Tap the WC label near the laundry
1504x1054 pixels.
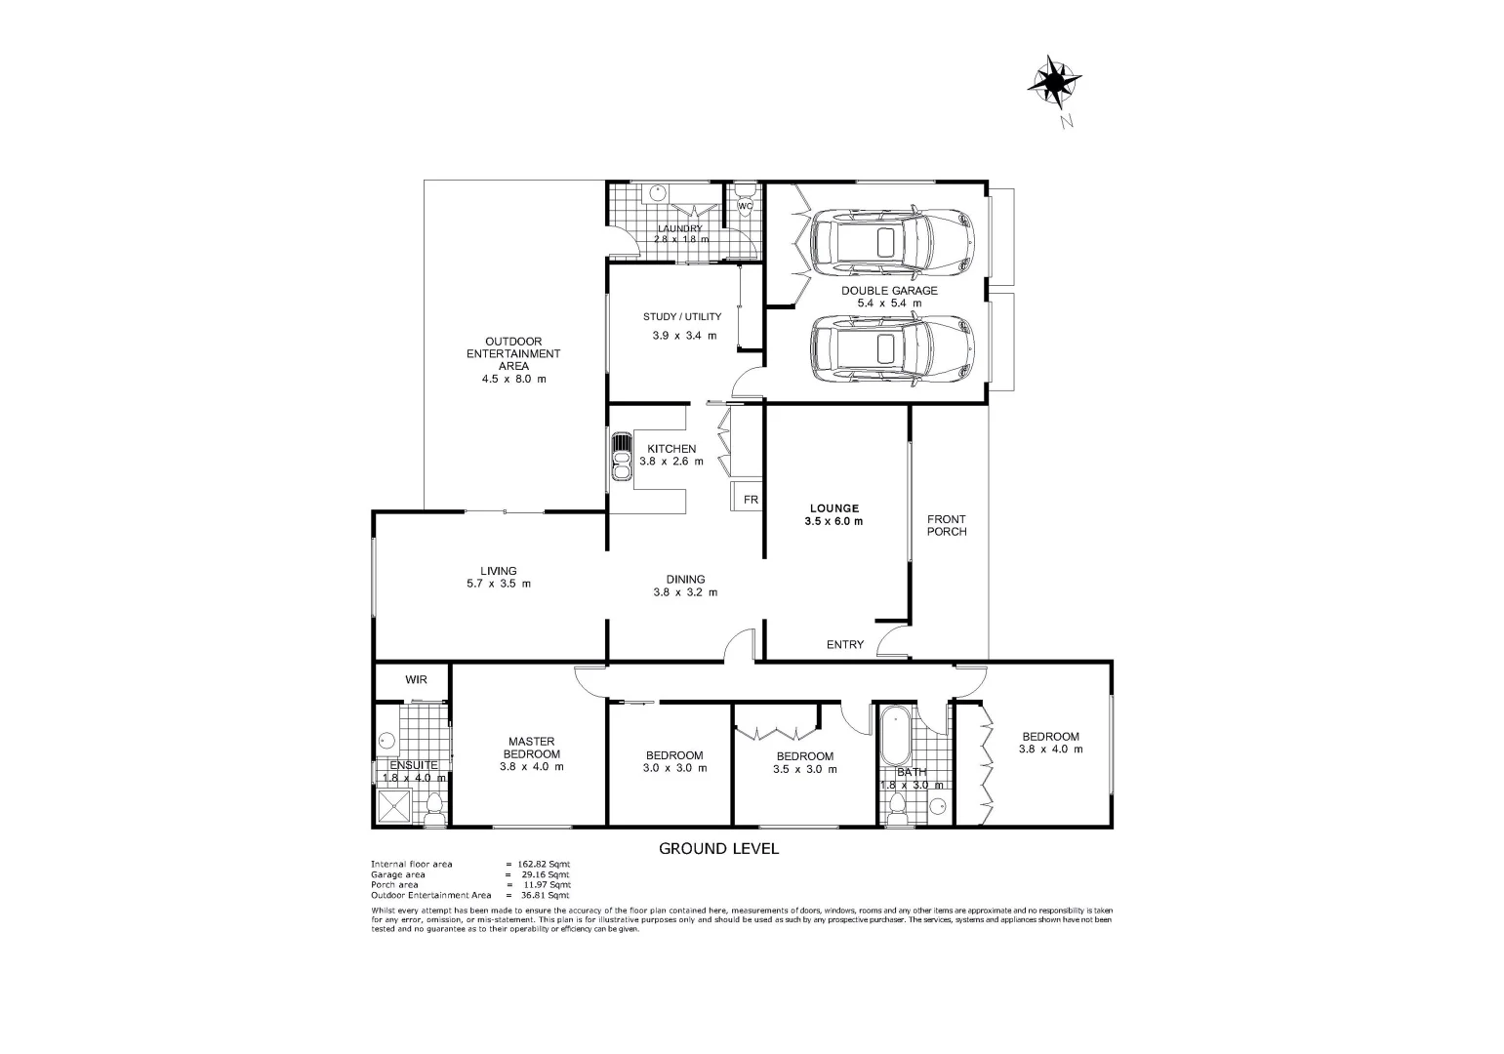click(x=745, y=206)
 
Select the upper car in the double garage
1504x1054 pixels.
click(x=892, y=241)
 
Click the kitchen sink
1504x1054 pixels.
click(x=621, y=457)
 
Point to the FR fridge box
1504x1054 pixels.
click(x=750, y=500)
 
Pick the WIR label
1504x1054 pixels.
click(x=416, y=680)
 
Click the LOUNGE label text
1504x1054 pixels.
click(x=833, y=507)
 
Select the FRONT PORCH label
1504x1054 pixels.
click(x=947, y=525)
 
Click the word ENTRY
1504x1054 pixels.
click(x=844, y=644)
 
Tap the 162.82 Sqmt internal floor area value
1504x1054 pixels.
click(x=546, y=865)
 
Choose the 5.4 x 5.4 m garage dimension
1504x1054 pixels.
click(x=888, y=304)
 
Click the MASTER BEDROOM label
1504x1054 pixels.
click(x=531, y=748)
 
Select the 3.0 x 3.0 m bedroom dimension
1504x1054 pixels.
click(x=674, y=768)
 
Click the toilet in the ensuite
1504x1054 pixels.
click(x=434, y=808)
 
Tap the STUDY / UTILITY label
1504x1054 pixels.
click(x=682, y=316)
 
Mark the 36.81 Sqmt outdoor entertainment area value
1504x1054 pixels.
click(x=546, y=895)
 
